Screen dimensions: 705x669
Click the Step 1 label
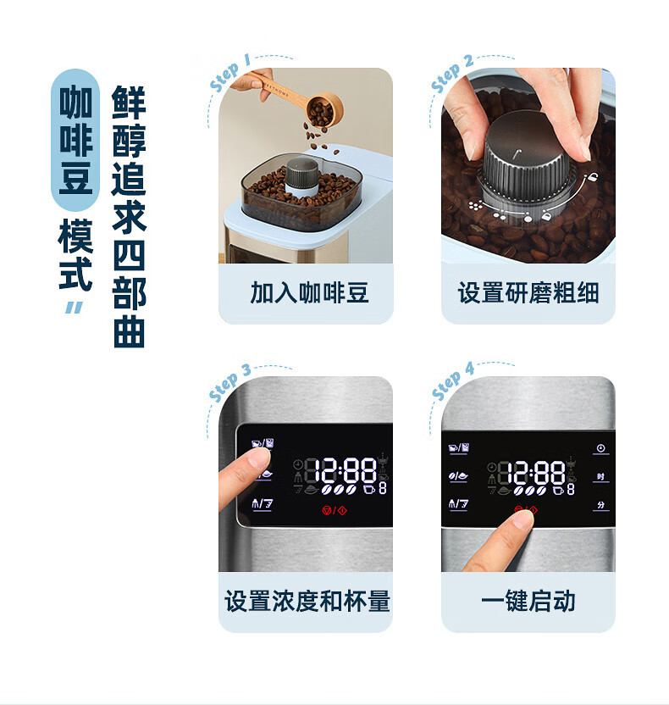click(229, 73)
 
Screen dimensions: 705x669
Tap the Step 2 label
click(452, 75)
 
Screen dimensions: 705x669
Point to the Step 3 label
click(229, 384)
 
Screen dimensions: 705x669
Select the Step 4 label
click(452, 383)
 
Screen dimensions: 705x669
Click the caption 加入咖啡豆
click(309, 293)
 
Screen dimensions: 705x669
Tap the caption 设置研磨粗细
click(528, 293)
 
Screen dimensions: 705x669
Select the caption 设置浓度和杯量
click(307, 602)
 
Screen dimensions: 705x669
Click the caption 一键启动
click(528, 602)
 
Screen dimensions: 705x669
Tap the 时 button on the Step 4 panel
click(600, 476)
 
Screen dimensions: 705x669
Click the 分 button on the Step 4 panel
click(600, 504)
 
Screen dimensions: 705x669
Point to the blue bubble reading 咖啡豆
click(75, 140)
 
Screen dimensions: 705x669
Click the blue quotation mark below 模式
click(75, 307)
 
